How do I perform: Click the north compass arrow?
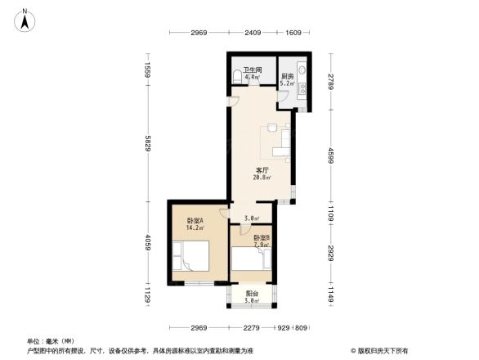click(25, 18)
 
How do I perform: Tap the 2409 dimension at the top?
click(250, 33)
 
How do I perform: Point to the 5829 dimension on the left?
click(148, 145)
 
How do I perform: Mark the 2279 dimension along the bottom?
click(251, 327)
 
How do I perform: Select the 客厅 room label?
click(261, 169)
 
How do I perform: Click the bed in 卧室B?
click(250, 260)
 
